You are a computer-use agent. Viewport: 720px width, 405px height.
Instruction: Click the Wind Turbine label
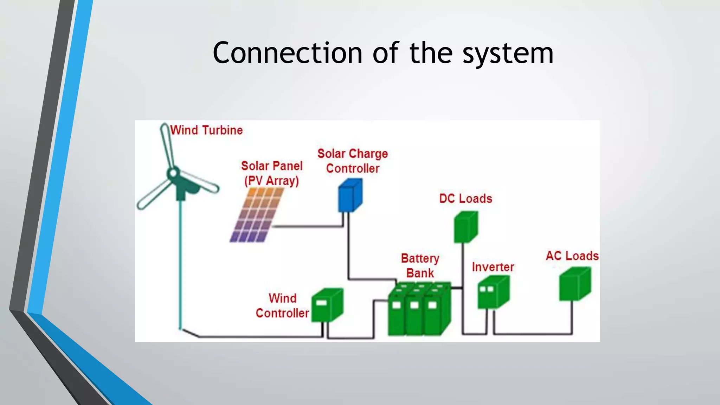206,130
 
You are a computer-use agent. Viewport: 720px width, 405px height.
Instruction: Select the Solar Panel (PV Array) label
271,173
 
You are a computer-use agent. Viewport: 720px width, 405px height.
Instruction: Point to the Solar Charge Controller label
353,161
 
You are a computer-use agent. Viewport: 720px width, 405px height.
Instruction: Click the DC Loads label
465,199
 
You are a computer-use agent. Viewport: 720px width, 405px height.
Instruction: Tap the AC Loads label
572,256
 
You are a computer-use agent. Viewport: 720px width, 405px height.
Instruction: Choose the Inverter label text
493,267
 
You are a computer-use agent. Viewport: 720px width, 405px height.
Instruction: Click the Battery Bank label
420,266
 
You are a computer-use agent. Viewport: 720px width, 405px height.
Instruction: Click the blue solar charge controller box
350,196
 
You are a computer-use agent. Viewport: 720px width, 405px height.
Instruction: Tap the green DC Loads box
465,227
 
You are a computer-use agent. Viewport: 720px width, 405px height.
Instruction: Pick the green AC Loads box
574,284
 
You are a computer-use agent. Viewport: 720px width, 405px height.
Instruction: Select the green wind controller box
327,305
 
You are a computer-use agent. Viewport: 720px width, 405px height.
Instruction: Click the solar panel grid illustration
257,215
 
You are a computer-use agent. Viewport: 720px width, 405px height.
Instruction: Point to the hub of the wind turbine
173,173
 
